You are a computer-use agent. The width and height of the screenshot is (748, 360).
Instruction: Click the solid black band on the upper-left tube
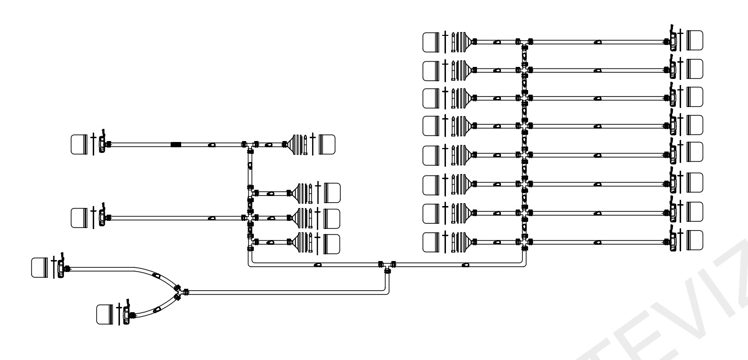click(x=175, y=144)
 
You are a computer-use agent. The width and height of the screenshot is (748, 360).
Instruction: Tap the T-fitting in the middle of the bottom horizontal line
click(x=387, y=265)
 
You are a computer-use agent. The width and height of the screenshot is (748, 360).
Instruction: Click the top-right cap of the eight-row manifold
click(x=695, y=41)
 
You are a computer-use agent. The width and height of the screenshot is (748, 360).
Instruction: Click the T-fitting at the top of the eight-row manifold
click(x=524, y=43)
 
